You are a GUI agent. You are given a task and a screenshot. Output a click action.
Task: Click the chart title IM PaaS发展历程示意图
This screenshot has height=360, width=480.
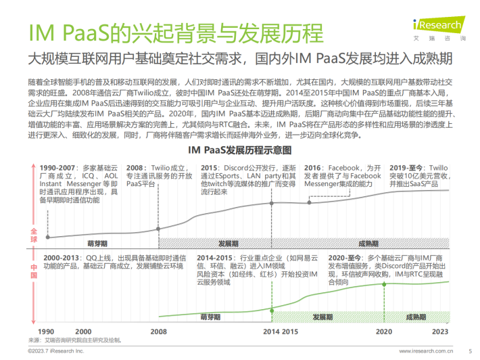point(240,149)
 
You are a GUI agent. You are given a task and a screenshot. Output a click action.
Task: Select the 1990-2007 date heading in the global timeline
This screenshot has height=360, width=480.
point(58,166)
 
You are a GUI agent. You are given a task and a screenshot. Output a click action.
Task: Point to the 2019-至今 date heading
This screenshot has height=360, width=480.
point(406,166)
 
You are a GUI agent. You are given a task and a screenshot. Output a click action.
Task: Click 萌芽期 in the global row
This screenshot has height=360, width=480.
point(97,243)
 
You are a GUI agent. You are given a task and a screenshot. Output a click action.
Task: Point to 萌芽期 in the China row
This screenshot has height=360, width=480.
point(211,317)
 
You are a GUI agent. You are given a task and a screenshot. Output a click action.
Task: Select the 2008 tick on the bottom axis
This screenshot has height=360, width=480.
point(158,332)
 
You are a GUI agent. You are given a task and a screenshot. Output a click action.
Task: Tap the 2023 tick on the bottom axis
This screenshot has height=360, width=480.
point(441,332)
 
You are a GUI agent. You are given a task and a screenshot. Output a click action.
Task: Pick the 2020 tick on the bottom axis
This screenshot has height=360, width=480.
point(384,332)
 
